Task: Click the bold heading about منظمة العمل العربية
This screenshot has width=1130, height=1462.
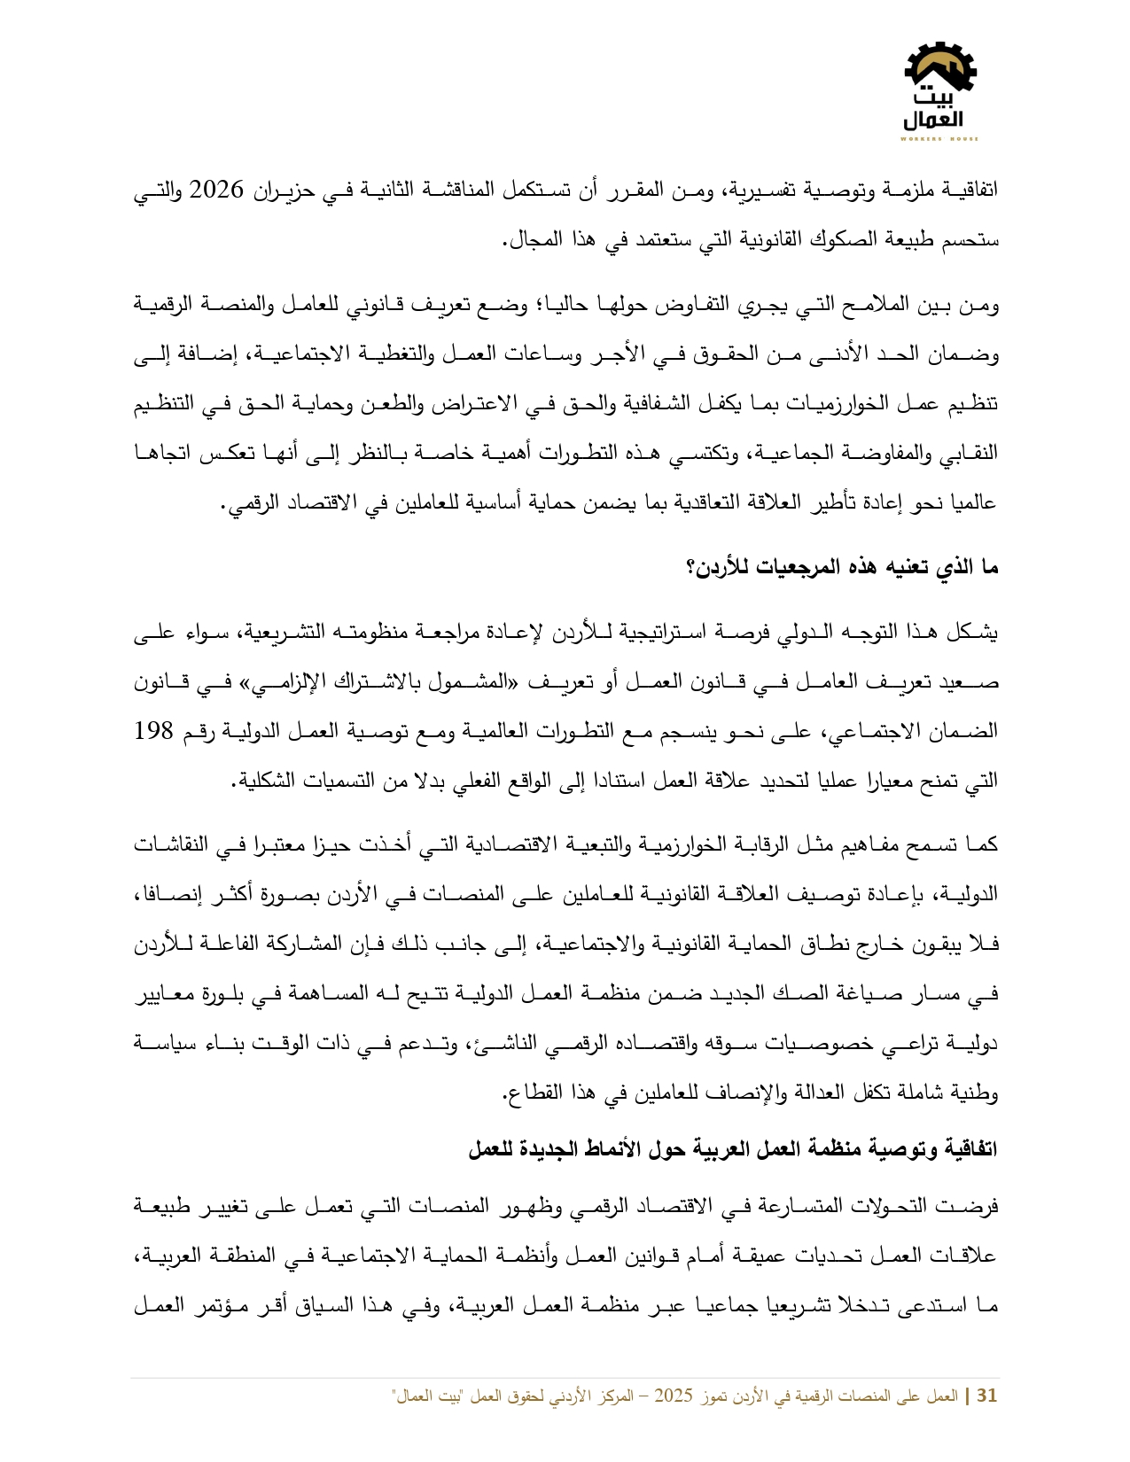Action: pyautogui.click(x=732, y=1149)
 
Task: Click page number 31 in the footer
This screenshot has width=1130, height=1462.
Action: pyautogui.click(x=986, y=1396)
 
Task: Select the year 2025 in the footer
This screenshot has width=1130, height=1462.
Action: pyautogui.click(x=673, y=1396)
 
